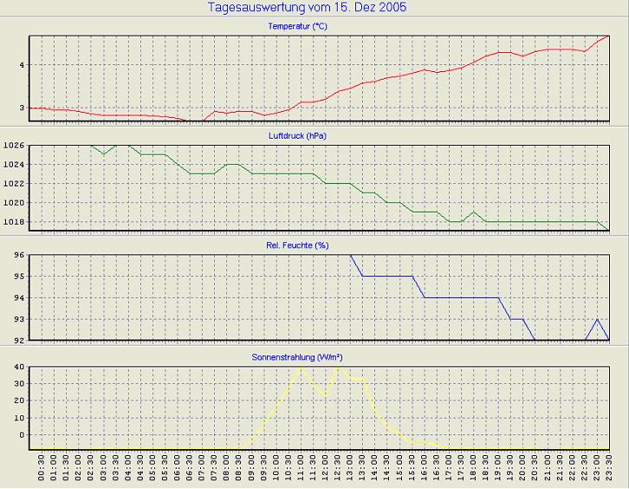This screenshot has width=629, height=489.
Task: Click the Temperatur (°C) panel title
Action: [297, 27]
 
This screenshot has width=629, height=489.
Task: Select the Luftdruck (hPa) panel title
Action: [297, 136]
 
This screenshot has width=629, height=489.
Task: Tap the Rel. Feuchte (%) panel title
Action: [297, 245]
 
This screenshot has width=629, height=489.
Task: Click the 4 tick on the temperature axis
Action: [21, 65]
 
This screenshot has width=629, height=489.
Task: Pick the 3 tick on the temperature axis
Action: [21, 108]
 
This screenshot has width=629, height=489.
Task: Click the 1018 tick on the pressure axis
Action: [14, 222]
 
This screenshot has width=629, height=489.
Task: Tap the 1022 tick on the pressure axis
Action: [14, 184]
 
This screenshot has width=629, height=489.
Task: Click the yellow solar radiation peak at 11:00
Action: [301, 368]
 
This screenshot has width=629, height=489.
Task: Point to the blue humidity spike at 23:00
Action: [597, 320]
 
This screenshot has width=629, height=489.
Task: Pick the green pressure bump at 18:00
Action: [474, 212]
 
